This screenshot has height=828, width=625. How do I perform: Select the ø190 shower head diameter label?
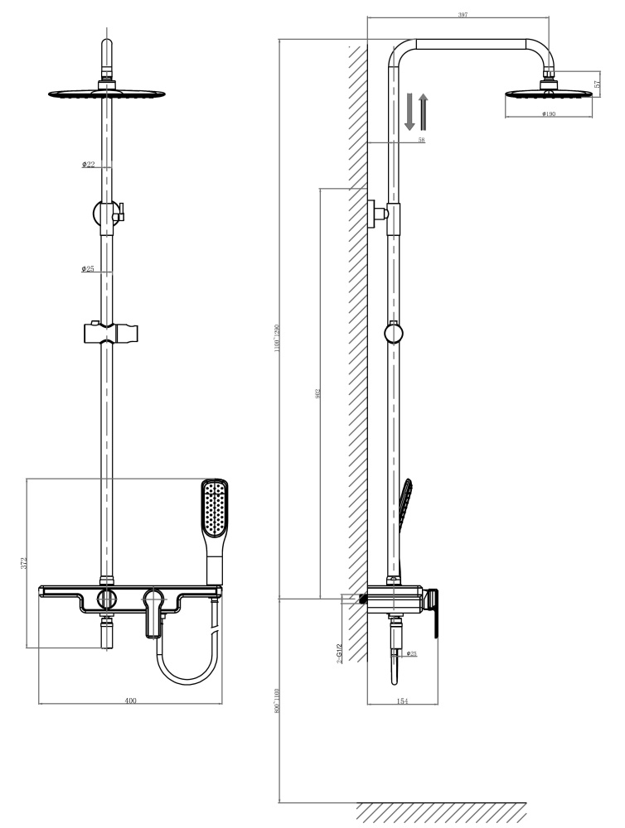(548, 114)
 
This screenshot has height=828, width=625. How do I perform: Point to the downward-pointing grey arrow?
(409, 112)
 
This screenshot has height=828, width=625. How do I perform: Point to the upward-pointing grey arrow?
(424, 112)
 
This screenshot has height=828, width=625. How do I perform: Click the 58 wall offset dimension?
(421, 141)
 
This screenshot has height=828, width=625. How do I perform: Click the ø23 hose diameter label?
(412, 654)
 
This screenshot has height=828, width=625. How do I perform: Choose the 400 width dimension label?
(130, 701)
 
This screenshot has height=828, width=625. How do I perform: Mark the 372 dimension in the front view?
(24, 563)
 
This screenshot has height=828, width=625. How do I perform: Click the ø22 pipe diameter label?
(88, 165)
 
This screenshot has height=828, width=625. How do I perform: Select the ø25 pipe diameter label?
(88, 269)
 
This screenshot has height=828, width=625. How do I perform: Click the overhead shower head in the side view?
(549, 93)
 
